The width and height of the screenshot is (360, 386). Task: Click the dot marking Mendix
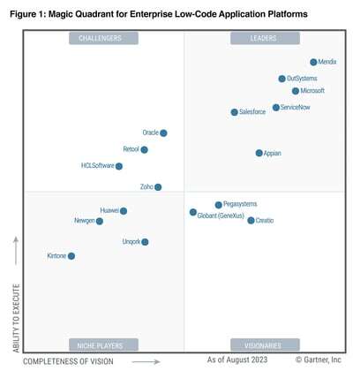(x=313, y=63)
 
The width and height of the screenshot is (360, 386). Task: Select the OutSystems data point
(x=282, y=79)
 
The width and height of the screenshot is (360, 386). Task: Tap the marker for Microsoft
(x=296, y=91)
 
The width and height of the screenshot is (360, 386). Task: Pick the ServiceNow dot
(x=276, y=107)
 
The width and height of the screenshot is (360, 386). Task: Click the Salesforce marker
(x=235, y=112)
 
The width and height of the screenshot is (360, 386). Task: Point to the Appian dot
(x=259, y=153)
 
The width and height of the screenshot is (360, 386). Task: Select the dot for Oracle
(x=163, y=133)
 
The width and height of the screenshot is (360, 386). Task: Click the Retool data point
(x=145, y=150)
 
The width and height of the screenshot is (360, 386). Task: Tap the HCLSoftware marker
(x=119, y=166)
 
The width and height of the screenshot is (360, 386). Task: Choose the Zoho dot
(x=158, y=187)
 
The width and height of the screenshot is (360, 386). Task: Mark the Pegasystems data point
(x=219, y=205)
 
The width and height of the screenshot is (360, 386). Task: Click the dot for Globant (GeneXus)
(x=193, y=212)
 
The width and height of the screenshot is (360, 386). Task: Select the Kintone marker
(x=71, y=256)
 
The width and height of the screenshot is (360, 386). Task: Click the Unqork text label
(x=131, y=242)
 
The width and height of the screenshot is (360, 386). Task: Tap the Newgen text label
(x=84, y=221)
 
